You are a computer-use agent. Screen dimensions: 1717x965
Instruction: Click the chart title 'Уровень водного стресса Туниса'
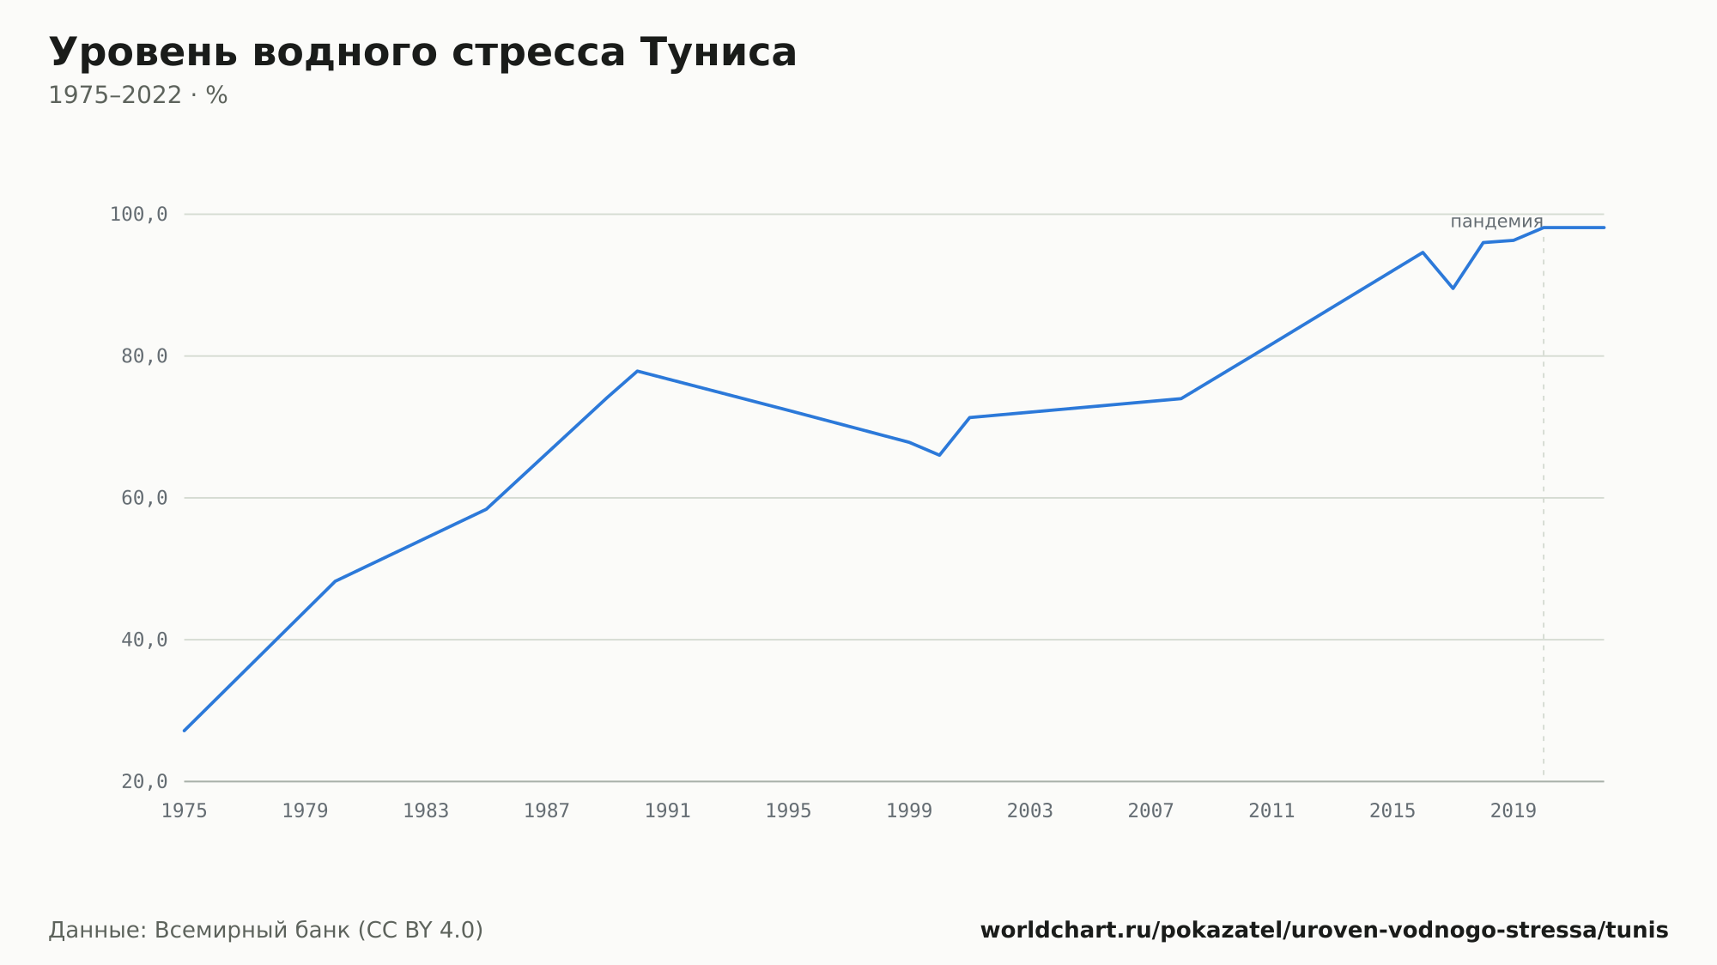(422, 53)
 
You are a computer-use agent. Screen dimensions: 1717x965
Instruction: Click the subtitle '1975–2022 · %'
(138, 95)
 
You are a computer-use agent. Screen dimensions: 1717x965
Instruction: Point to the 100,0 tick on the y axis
(138, 215)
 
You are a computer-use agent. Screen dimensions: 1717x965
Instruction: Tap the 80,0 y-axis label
(144, 356)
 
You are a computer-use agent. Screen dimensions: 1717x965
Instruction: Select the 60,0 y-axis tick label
(144, 498)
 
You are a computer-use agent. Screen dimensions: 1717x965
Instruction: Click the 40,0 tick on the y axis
(144, 640)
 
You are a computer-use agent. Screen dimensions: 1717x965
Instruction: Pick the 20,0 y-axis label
(144, 781)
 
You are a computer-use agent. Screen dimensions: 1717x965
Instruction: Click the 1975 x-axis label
(185, 811)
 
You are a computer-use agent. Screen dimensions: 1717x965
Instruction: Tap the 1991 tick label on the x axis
(668, 811)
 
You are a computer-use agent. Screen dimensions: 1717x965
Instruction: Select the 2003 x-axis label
(1030, 811)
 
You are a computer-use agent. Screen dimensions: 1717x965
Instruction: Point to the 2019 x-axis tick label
(1514, 811)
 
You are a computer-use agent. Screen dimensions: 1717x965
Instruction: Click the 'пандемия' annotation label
(1496, 222)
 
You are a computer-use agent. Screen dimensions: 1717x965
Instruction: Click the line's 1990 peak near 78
(637, 371)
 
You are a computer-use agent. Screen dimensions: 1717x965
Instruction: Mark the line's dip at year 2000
(939, 455)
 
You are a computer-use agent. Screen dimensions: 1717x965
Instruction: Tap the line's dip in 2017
(1453, 288)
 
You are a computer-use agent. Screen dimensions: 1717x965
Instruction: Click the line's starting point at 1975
(185, 731)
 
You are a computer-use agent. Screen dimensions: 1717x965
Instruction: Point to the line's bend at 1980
(335, 581)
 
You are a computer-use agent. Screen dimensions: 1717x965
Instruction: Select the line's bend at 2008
(1181, 398)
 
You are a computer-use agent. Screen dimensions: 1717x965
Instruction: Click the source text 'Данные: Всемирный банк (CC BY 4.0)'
(266, 931)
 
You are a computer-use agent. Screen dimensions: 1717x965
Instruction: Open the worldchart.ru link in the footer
(1324, 931)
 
